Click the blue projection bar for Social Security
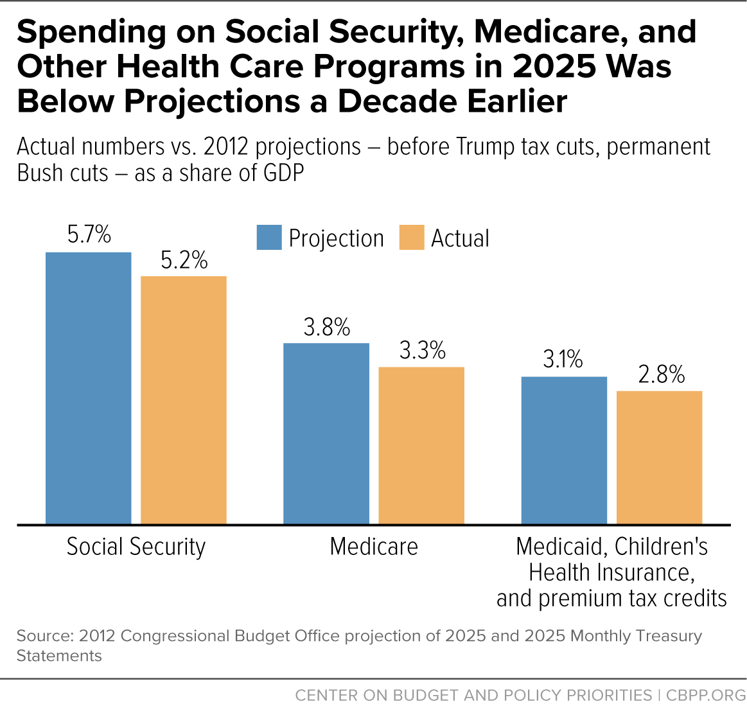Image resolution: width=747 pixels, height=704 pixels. (x=88, y=388)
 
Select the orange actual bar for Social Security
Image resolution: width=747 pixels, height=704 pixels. (x=184, y=400)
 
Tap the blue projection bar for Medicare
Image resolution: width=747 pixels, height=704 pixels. (x=326, y=434)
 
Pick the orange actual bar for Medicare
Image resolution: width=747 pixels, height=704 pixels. (x=421, y=445)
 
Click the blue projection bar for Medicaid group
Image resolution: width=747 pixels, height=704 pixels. (x=565, y=450)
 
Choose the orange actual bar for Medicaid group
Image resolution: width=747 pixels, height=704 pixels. (x=660, y=457)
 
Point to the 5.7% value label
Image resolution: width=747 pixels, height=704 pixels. (x=89, y=234)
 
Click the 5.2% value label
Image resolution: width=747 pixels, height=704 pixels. (x=184, y=260)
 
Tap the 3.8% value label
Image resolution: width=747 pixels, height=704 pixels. (x=327, y=327)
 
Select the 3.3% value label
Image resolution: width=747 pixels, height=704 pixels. (x=423, y=351)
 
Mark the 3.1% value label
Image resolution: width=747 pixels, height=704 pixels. (x=563, y=359)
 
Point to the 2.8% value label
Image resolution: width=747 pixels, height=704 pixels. (x=661, y=374)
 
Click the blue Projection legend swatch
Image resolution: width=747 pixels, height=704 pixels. (x=269, y=237)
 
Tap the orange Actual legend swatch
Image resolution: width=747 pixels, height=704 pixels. (x=412, y=237)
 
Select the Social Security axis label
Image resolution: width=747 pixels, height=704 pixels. (x=136, y=547)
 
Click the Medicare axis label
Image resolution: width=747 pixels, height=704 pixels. (x=374, y=547)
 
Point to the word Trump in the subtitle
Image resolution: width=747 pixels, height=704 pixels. (x=486, y=146)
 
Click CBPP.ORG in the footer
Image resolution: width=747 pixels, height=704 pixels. (x=706, y=695)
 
